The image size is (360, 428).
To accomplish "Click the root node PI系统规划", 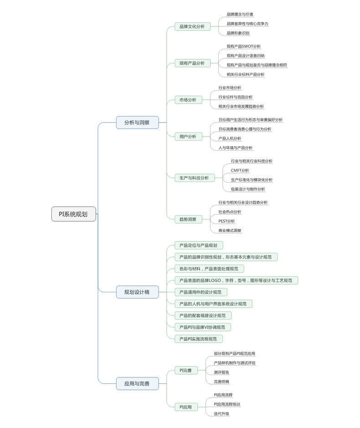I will (x=73, y=214).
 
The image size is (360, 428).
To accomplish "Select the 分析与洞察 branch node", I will (x=137, y=122).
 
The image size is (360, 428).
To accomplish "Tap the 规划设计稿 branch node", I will (x=137, y=292).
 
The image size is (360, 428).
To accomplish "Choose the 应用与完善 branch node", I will (x=137, y=384).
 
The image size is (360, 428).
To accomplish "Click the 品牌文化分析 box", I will (x=192, y=26).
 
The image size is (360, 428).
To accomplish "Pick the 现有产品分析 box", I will (x=192, y=63).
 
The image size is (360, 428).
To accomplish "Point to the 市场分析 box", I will (x=188, y=100).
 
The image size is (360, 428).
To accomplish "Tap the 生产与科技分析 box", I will (x=194, y=178).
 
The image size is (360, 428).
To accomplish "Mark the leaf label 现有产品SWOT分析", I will (x=244, y=46).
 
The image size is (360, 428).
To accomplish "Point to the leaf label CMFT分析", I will (x=240, y=170).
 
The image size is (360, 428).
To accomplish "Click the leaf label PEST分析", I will (x=226, y=221).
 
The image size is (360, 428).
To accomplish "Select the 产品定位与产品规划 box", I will (x=198, y=245).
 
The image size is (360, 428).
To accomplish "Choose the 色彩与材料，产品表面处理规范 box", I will (x=209, y=269).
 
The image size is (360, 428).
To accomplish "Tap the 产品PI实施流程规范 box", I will (x=198, y=339).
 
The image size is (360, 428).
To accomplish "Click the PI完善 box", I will (x=185, y=370).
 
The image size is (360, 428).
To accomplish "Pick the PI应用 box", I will (x=185, y=407).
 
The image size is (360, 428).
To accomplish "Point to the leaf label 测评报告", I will (x=221, y=372).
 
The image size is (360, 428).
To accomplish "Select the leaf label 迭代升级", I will (x=221, y=413).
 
